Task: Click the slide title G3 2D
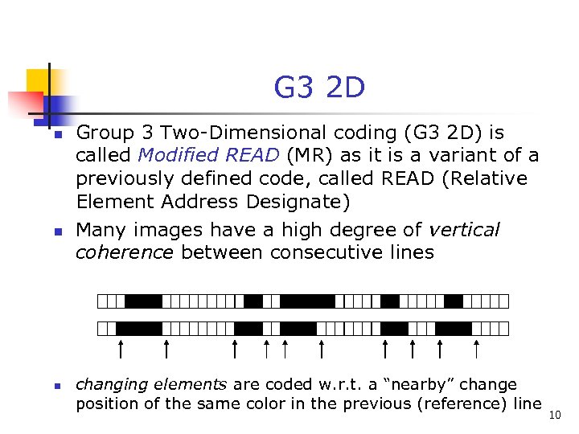point(319,88)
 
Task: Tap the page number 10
point(554,415)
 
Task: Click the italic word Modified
point(175,155)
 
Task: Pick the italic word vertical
point(464,230)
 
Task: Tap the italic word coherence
point(125,252)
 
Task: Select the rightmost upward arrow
point(477,349)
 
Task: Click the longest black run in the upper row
point(307,301)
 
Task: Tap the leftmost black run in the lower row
point(139,328)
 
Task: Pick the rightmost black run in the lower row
point(454,328)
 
